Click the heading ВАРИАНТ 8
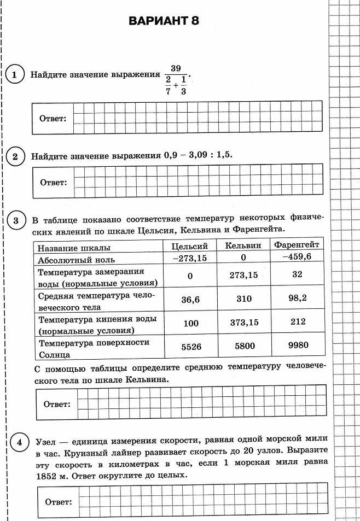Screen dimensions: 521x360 coord(164,21)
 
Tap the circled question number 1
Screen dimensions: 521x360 coord(15,75)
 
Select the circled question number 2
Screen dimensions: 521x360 coord(15,156)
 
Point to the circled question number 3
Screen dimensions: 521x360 coord(16,221)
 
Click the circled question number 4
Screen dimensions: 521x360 coord(19,442)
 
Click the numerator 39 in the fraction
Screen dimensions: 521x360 coord(175,68)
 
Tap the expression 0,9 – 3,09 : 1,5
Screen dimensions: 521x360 coord(198,155)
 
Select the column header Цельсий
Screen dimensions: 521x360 coord(189,247)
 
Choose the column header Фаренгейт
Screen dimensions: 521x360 coord(296,244)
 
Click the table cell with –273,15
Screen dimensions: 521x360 coord(189,258)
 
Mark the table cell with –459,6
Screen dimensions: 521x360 coord(297,256)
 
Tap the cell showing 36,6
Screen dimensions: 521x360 coord(190,299)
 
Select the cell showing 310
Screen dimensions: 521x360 coord(243,298)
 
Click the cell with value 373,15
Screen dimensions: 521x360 coord(244,323)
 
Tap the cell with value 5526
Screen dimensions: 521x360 coord(190,347)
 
